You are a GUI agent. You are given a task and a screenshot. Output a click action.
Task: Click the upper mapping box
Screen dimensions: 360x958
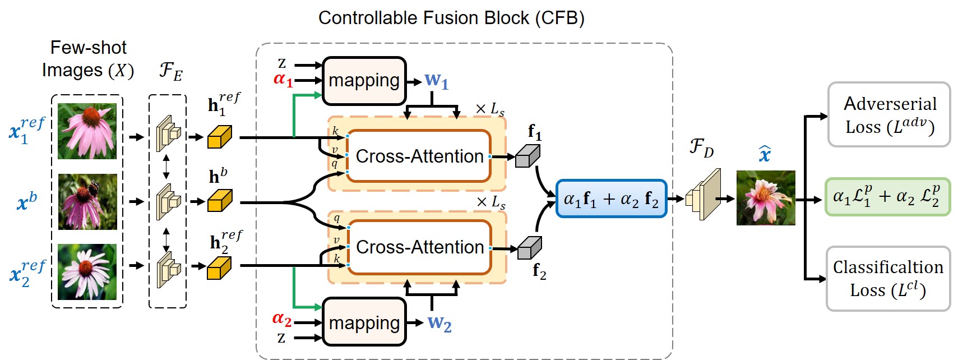tap(364, 81)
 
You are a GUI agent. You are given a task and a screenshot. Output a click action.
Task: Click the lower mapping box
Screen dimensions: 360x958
tap(364, 322)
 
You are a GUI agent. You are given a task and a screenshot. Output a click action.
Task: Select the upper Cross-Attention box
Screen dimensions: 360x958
tap(419, 156)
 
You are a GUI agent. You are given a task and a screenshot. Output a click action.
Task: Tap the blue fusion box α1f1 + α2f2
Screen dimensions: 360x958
tap(611, 199)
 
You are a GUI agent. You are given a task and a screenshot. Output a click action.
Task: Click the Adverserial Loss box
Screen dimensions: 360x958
tap(889, 115)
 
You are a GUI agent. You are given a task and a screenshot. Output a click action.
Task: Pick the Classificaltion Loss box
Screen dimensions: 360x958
tap(888, 279)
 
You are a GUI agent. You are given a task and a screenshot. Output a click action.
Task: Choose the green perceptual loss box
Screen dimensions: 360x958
tap(887, 197)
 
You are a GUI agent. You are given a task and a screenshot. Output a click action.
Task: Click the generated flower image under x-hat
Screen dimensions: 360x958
tap(766, 198)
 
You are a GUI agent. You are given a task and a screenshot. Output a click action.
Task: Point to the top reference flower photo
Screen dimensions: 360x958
tap(87, 131)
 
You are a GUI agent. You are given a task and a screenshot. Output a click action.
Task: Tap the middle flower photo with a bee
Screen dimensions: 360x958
tap(87, 201)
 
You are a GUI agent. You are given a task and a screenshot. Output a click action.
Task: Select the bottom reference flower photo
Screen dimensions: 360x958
tap(87, 272)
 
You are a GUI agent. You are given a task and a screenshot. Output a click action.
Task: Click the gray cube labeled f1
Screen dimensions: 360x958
tap(527, 156)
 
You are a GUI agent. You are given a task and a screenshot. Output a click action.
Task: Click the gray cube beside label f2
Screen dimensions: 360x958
tap(529, 248)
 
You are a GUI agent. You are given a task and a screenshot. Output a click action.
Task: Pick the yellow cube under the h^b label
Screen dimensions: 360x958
tap(219, 201)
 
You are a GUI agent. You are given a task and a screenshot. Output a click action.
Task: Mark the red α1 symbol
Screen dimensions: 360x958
tap(283, 80)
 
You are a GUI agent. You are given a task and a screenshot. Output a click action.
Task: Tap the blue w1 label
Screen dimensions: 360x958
tap(436, 81)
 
